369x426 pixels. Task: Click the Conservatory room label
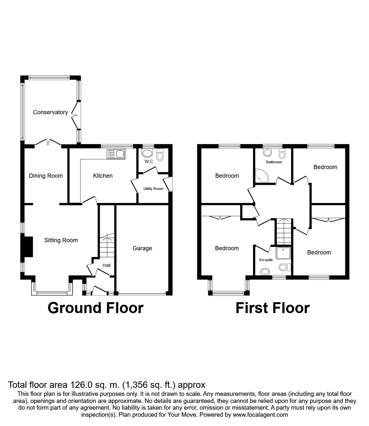[50, 112]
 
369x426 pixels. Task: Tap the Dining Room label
[46, 176]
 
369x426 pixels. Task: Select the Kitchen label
[103, 176]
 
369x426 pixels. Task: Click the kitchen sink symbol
[116, 154]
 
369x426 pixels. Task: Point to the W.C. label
[149, 162]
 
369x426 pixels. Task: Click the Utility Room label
[153, 189]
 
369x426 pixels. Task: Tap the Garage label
[142, 248]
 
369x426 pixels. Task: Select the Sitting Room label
[61, 240]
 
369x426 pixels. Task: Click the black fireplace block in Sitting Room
[28, 247]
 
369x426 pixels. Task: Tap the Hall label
[106, 265]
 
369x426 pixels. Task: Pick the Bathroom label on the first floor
[274, 162]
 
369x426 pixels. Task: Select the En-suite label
[266, 260]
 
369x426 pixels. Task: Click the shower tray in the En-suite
[283, 253]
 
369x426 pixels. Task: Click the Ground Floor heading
[95, 308]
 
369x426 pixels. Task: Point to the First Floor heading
[273, 308]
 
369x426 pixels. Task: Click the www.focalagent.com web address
[260, 415]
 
